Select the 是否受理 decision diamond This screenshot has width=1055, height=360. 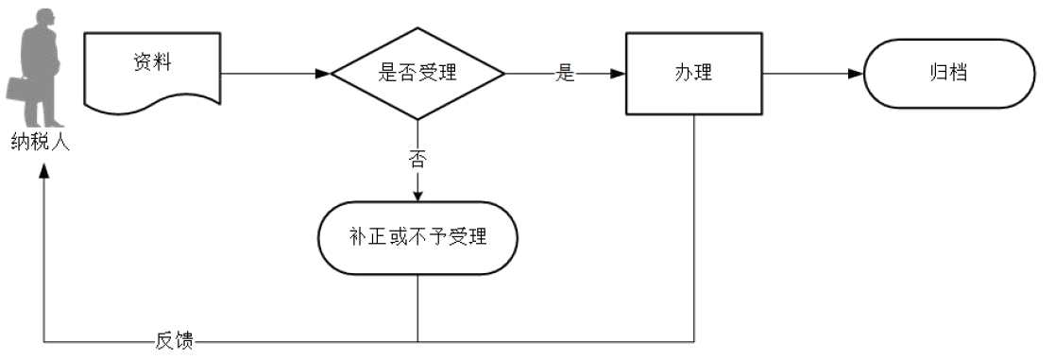pos(417,74)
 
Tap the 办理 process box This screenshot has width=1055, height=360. pos(694,74)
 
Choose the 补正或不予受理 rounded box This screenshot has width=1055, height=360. pos(417,237)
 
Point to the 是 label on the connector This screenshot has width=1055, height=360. pos(565,74)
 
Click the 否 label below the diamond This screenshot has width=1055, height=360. pos(417,158)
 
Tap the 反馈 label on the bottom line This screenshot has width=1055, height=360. pos(174,341)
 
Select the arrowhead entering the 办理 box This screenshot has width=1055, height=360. pos(618,74)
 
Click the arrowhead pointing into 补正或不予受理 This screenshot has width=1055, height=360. pos(417,196)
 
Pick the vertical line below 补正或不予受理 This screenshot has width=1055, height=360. pos(417,307)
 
